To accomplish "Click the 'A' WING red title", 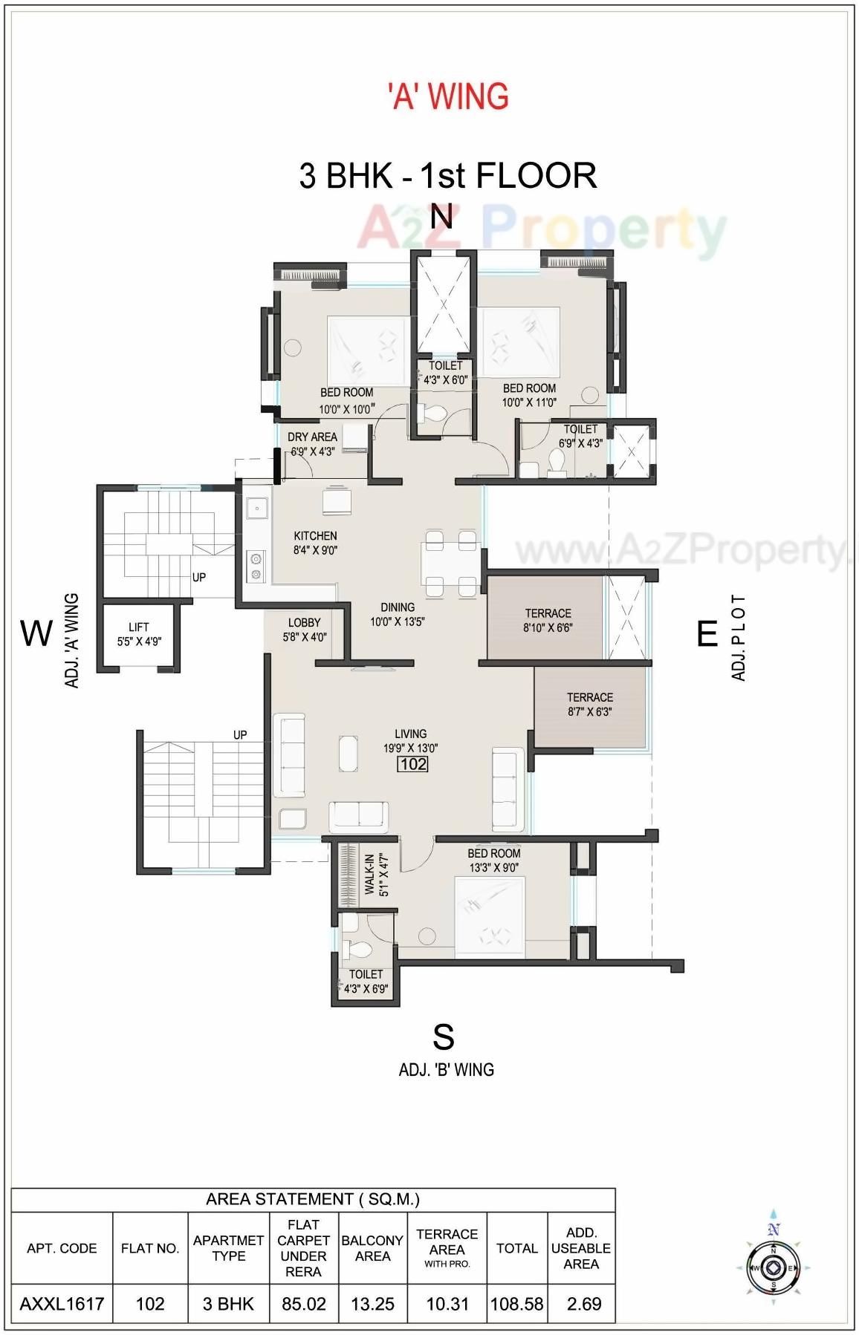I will point(448,97).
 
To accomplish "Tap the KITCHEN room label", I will point(315,543).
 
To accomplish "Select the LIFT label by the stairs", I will point(139,634).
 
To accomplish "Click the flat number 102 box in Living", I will point(413,764).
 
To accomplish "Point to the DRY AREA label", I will point(312,443).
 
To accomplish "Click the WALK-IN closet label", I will point(375,874).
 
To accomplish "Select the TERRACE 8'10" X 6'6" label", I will point(548,620).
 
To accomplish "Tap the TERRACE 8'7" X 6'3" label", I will point(589,704).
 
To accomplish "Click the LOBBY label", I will point(304,630).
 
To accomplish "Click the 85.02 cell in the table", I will point(303,1304).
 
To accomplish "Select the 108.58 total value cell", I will point(516,1304).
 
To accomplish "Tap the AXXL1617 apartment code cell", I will point(62,1304).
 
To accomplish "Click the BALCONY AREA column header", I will point(372,1248).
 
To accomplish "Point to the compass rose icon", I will point(773,1267).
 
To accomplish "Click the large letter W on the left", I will point(36,633).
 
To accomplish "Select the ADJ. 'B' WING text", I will point(446,1070).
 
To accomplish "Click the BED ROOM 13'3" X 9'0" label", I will point(493,860).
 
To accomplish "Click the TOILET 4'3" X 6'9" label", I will point(366,981).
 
